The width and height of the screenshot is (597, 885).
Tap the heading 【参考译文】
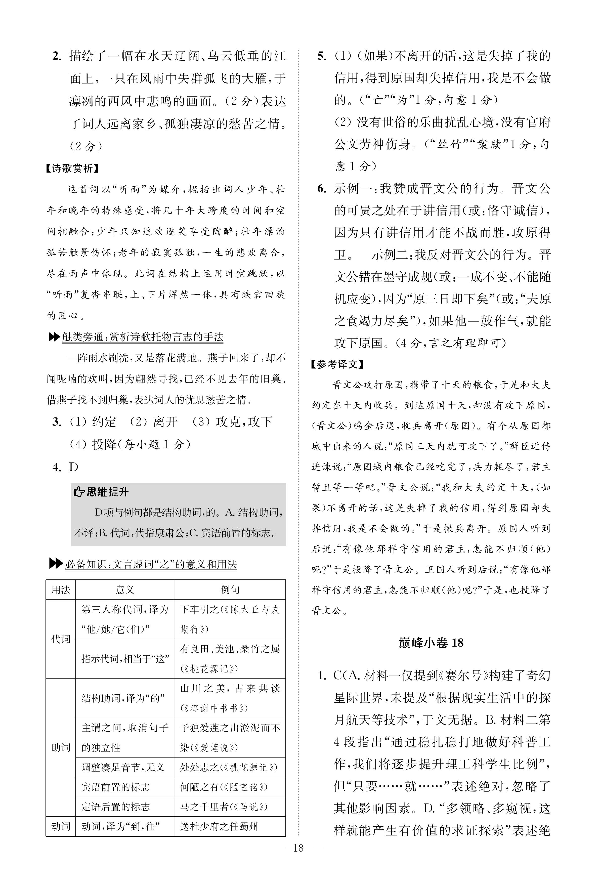coord(337,364)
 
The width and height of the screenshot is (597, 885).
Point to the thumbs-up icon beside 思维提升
coord(78,492)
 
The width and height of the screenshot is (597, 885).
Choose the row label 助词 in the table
coord(61,747)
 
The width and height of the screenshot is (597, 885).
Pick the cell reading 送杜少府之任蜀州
coord(219,826)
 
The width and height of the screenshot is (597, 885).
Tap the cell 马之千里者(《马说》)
coord(224,806)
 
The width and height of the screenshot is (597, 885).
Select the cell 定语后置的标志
coord(115,806)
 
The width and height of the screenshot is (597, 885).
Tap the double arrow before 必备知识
coord(56,564)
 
